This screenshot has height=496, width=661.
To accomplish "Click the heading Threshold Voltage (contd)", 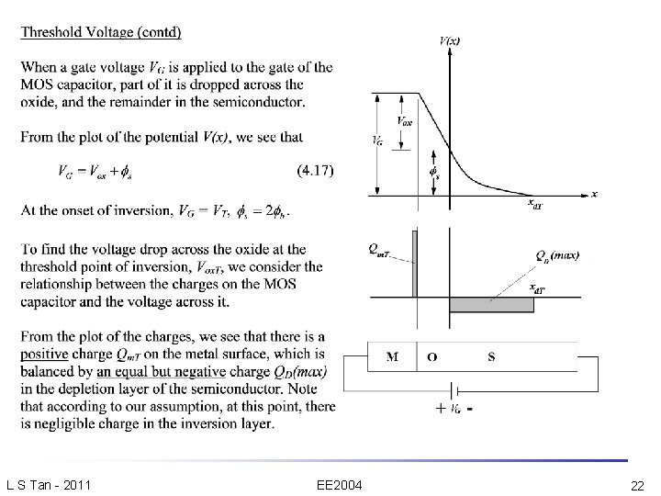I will click(101, 33).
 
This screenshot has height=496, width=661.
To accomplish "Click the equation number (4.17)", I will click(316, 170).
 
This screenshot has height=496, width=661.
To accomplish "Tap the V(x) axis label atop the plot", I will click(450, 40).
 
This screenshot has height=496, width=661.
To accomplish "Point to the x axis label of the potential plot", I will click(594, 195).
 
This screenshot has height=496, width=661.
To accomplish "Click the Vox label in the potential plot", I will click(404, 120).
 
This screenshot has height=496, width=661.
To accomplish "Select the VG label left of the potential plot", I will click(377, 141).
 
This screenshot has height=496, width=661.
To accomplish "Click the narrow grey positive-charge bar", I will click(414, 264).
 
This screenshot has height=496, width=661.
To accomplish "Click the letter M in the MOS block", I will click(392, 356).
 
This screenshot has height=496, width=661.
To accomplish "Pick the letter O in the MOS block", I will click(431, 356).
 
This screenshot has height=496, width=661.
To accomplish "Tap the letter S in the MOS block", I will click(491, 356).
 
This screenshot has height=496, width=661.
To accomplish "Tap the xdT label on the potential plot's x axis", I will click(535, 203).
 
